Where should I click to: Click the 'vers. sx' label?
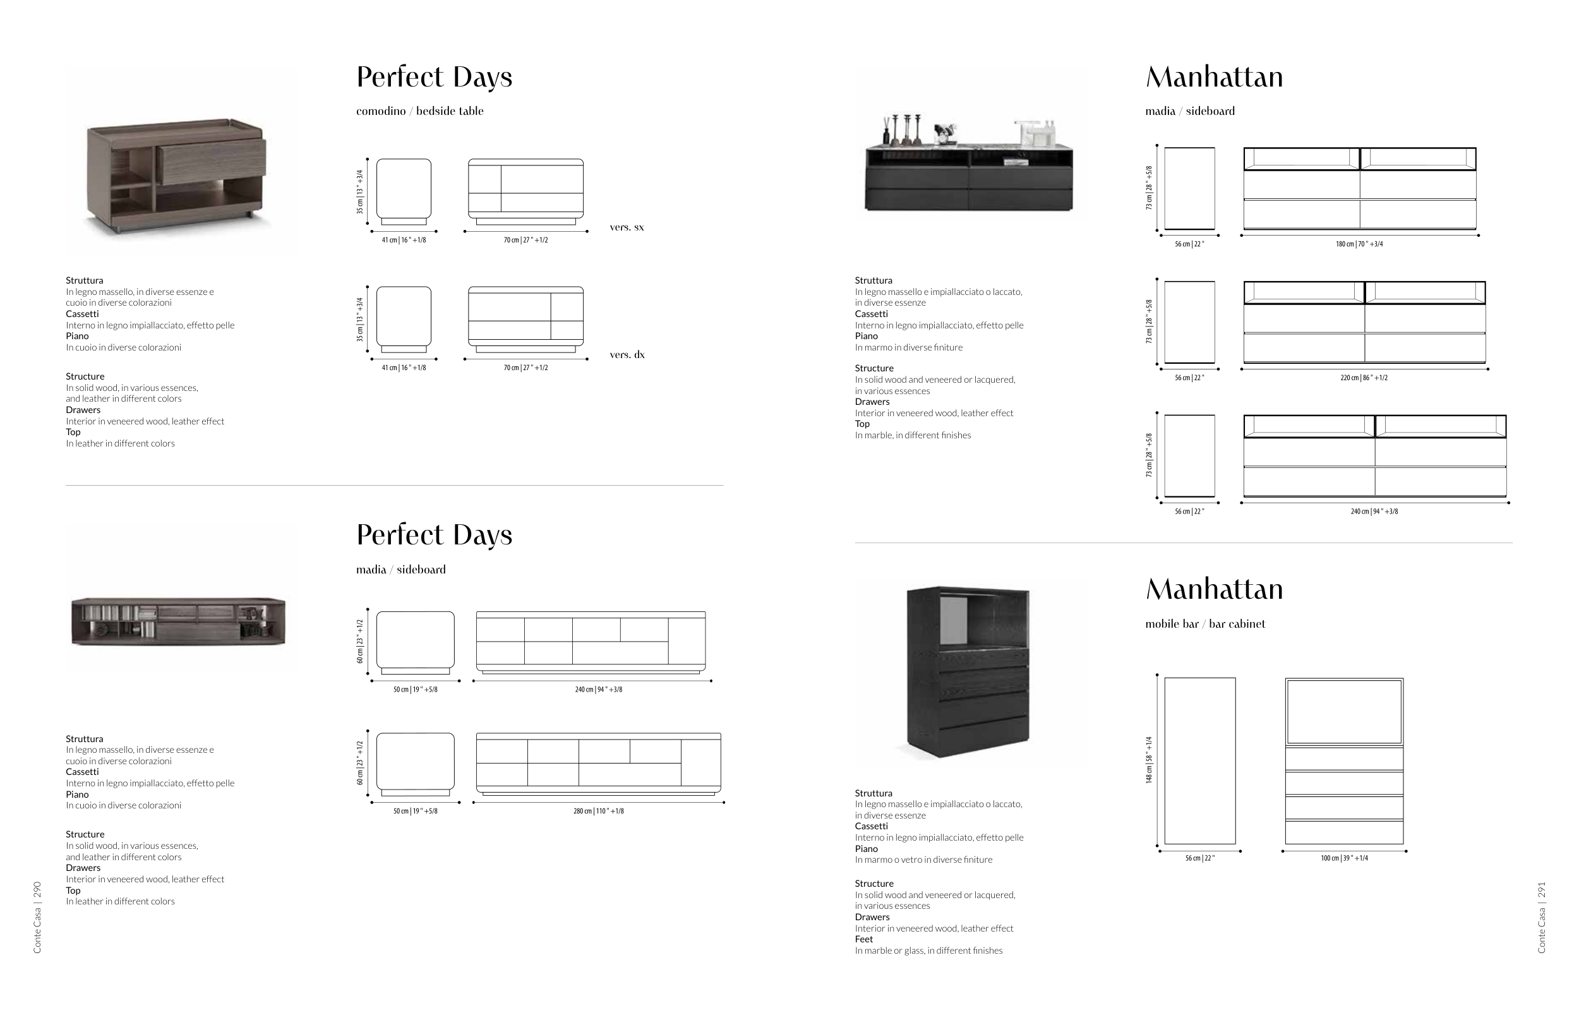(627, 227)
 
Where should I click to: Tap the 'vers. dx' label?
(627, 354)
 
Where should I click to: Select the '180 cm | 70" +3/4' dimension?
(1359, 244)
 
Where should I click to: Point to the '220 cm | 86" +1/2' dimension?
(1364, 378)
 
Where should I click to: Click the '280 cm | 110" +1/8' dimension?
(598, 812)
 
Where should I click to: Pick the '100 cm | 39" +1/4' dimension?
(1344, 858)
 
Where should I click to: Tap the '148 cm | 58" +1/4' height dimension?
(1149, 760)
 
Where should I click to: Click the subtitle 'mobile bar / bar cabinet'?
(1205, 624)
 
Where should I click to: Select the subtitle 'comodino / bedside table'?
(420, 111)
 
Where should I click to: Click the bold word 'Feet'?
(863, 939)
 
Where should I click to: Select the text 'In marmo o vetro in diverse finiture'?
(923, 860)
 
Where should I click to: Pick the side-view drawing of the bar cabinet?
(1199, 760)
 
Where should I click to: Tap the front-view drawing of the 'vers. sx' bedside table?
(525, 189)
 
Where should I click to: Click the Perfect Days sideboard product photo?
(177, 621)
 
